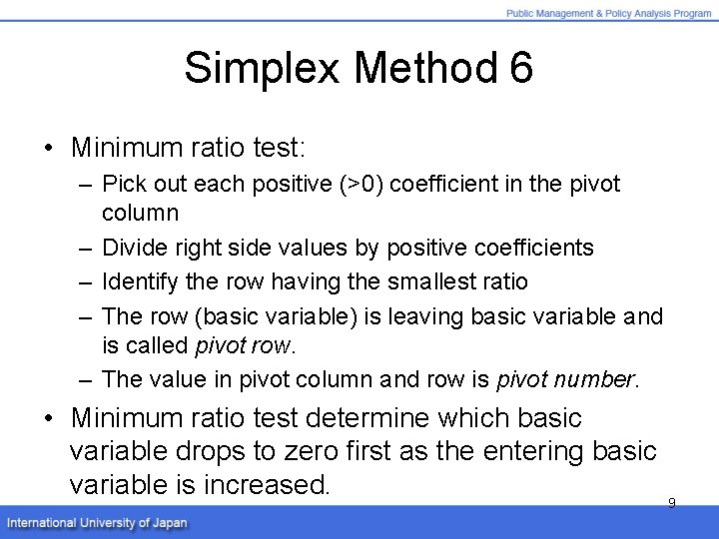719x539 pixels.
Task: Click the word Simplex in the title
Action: click(262, 69)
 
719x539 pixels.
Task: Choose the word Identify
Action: click(139, 282)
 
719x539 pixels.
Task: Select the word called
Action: click(161, 345)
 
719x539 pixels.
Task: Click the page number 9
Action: click(671, 503)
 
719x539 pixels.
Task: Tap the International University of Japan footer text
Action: click(97, 523)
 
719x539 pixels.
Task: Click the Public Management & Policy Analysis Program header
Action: click(609, 13)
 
